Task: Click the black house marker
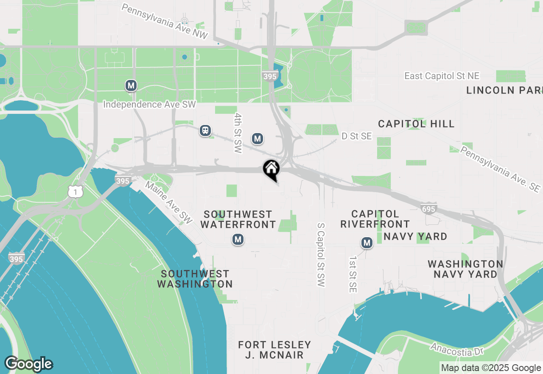[271, 169]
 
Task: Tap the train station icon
[205, 130]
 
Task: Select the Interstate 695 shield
[428, 208]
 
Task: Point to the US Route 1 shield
[75, 192]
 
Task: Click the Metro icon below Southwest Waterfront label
[238, 240]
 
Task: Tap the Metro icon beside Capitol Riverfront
[367, 243]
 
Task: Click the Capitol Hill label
[416, 124]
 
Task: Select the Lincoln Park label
[504, 90]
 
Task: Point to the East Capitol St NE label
[442, 76]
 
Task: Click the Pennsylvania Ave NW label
[165, 21]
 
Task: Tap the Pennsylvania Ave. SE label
[501, 169]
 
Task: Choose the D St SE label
[357, 136]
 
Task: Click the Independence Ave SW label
[149, 105]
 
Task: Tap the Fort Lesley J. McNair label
[274, 350]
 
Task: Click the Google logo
[28, 364]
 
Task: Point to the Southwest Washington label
[195, 279]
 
